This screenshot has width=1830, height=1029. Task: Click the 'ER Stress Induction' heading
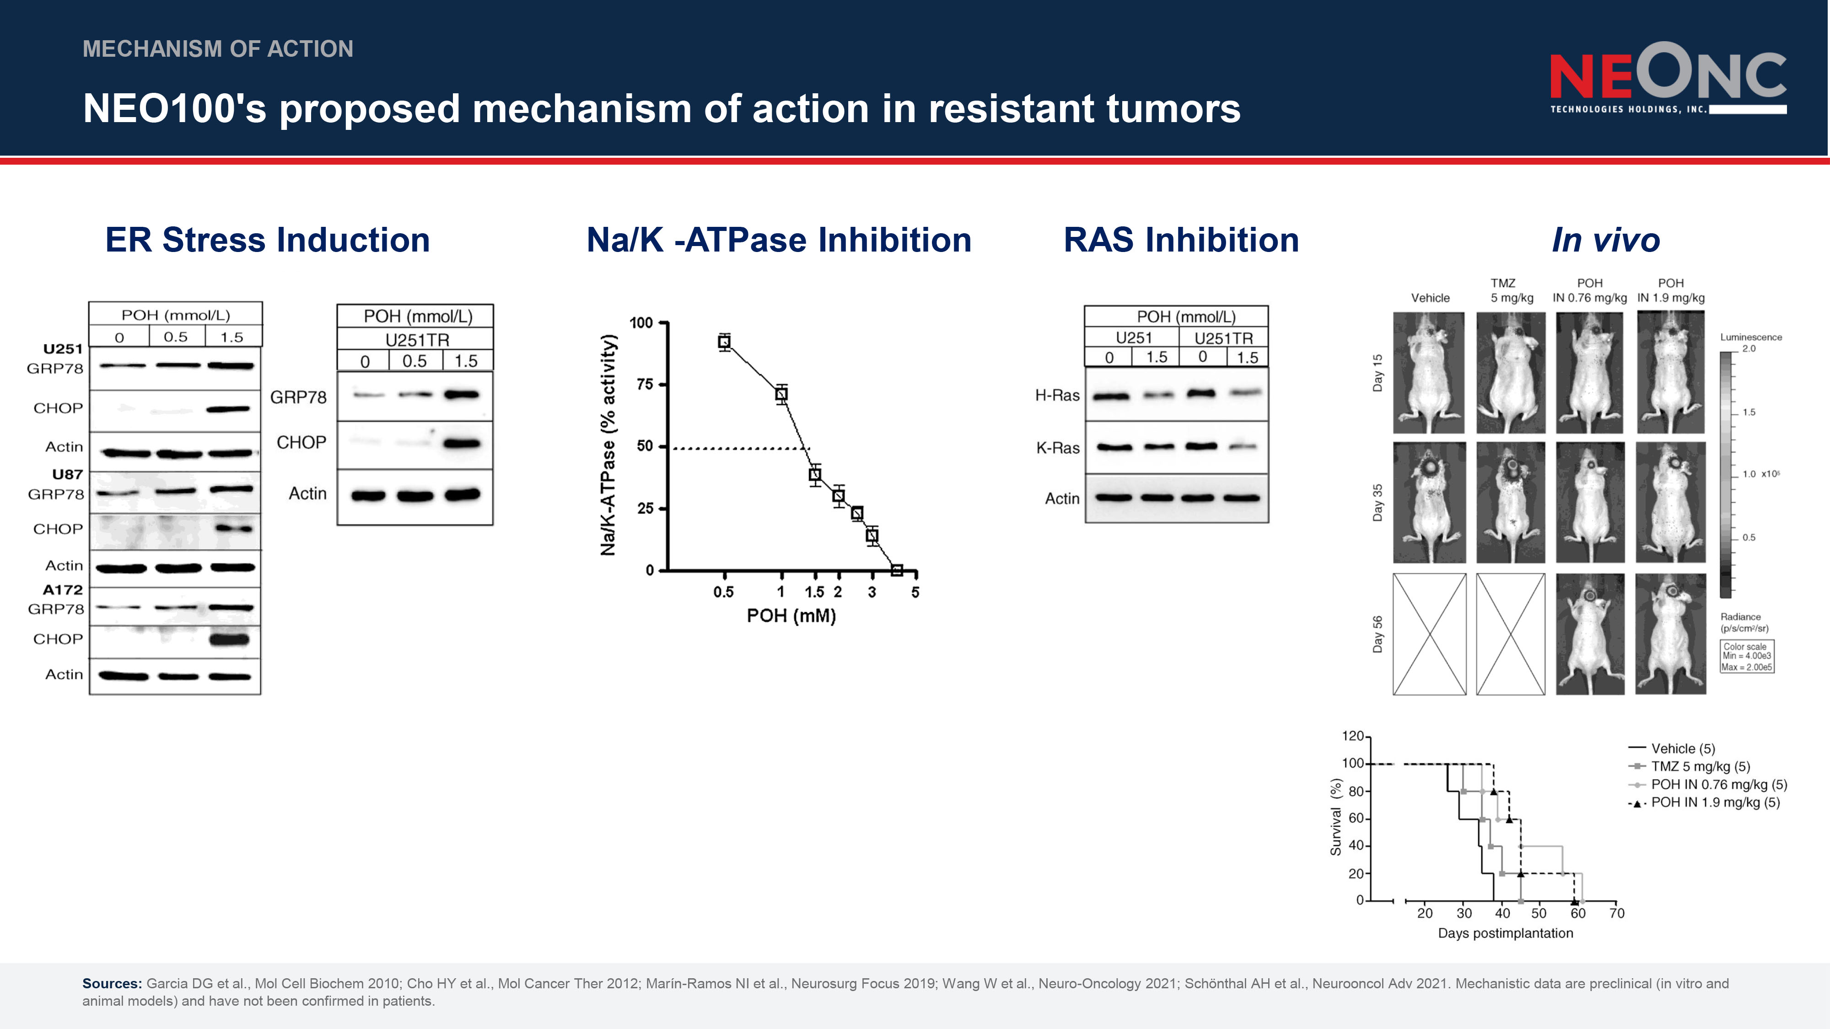pyautogui.click(x=268, y=240)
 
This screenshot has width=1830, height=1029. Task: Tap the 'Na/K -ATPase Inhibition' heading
pyautogui.click(x=779, y=240)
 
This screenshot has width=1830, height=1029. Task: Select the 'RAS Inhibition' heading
pyautogui.click(x=1181, y=240)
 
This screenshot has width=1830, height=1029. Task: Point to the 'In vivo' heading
pyautogui.click(x=1605, y=240)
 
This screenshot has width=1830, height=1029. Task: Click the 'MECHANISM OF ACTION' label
pyautogui.click(x=218, y=49)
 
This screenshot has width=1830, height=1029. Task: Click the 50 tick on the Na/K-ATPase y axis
pyautogui.click(x=644, y=446)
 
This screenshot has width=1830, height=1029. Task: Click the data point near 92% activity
pyautogui.click(x=724, y=342)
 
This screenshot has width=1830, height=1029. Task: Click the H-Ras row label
pyautogui.click(x=1057, y=396)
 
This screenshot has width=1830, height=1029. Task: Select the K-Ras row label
pyautogui.click(x=1058, y=448)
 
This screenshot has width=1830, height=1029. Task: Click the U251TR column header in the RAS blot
pyautogui.click(x=1223, y=338)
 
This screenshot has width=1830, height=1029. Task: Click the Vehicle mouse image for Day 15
pyautogui.click(x=1429, y=373)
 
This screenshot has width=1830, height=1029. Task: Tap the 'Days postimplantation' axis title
pyautogui.click(x=1505, y=933)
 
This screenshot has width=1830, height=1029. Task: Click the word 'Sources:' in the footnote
pyautogui.click(x=112, y=984)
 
